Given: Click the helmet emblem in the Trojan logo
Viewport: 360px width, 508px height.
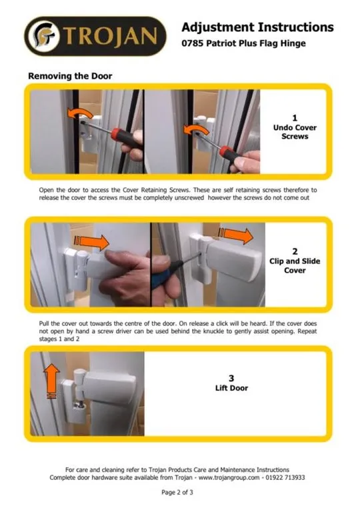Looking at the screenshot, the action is tap(43, 37).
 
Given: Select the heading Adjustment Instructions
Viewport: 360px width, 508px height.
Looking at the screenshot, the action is tap(257, 27).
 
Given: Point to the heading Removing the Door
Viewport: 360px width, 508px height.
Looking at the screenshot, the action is tap(70, 76).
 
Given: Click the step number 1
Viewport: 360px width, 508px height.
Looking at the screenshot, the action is tap(295, 118).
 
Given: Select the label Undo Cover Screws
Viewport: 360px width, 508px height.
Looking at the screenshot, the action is tap(295, 132).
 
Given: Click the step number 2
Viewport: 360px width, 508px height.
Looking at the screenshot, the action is tap(295, 252).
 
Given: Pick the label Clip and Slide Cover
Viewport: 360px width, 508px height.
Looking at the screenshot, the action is tap(295, 265).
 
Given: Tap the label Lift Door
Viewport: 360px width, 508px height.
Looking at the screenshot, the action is tap(231, 388).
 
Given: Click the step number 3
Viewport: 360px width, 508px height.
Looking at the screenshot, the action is tap(231, 378).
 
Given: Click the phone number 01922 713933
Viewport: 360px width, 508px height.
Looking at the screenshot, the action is tap(285, 477).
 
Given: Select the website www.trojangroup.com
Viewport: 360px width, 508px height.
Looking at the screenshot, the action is tap(229, 477).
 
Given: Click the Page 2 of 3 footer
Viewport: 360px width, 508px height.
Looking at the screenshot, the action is tap(177, 493).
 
